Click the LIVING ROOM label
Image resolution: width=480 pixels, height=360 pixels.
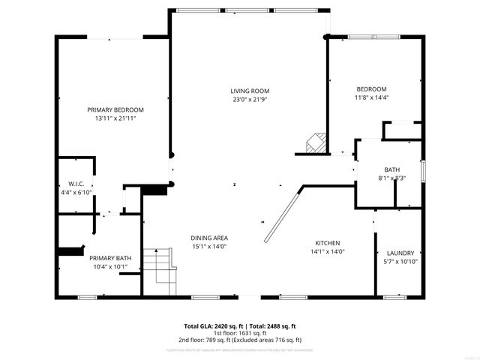[250, 91]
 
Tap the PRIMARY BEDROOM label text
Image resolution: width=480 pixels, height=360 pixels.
[115, 109]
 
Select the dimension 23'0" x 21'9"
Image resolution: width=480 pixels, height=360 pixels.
[250, 99]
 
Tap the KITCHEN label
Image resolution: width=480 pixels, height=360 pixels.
[328, 243]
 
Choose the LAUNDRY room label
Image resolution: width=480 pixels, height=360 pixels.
[400, 253]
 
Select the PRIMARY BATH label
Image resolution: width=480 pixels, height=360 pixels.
[110, 258]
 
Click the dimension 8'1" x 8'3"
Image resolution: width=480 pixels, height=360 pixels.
[391, 178]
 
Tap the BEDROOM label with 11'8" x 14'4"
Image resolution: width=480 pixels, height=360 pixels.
[371, 88]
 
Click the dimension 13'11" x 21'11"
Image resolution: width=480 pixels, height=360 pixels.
[115, 118]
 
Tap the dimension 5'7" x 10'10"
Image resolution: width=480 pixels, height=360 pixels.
[400, 262]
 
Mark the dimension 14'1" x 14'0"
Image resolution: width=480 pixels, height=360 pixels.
[328, 252]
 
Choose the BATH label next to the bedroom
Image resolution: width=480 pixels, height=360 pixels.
[391, 169]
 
